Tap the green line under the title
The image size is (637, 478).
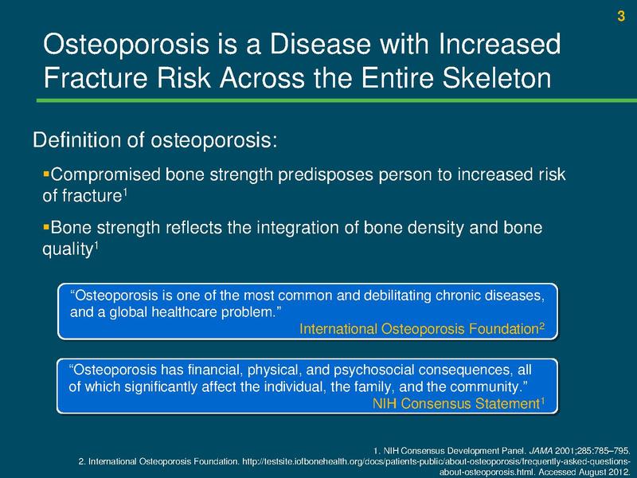coord(318,101)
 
